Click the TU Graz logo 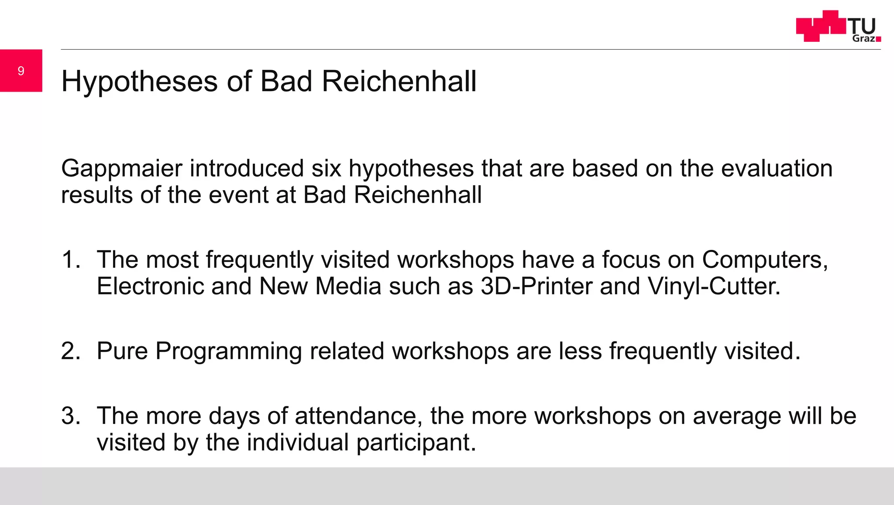pos(838,27)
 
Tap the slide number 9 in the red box pos(21,71)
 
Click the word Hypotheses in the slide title pos(139,82)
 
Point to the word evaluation pos(777,168)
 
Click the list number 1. pos(70,259)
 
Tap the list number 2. pos(70,351)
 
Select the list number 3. pos(70,416)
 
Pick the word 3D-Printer pos(536,287)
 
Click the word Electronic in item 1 pos(150,287)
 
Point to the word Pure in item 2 pos(122,351)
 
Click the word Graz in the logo pos(863,38)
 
